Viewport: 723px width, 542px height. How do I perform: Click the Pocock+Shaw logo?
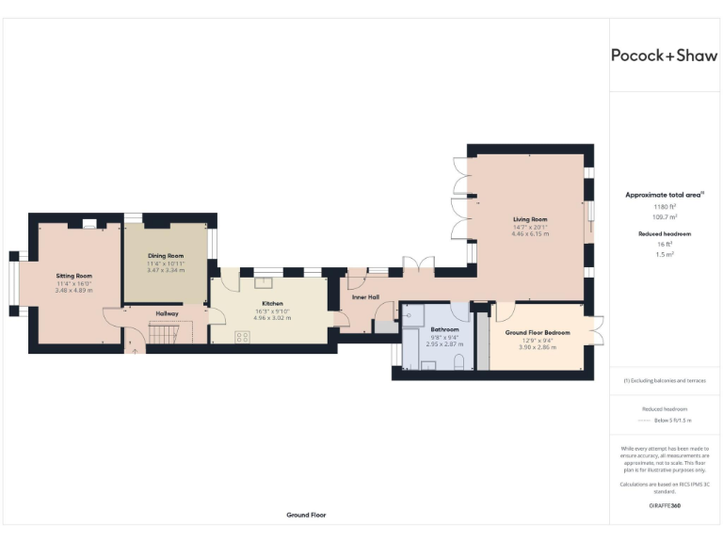(x=664, y=56)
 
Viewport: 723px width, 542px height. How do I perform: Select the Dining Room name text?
(x=166, y=256)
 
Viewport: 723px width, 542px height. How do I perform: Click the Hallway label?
(x=167, y=313)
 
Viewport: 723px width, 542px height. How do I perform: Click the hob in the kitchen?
(x=242, y=337)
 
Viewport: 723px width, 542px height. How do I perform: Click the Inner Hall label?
(x=365, y=297)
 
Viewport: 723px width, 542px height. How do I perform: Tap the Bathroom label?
(x=443, y=329)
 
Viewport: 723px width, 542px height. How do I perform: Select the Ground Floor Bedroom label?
(x=537, y=333)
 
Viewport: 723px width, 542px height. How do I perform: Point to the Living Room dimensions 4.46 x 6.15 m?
(x=529, y=233)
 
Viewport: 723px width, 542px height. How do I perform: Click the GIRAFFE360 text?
(x=664, y=506)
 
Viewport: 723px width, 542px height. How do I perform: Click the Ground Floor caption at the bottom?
(x=306, y=516)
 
